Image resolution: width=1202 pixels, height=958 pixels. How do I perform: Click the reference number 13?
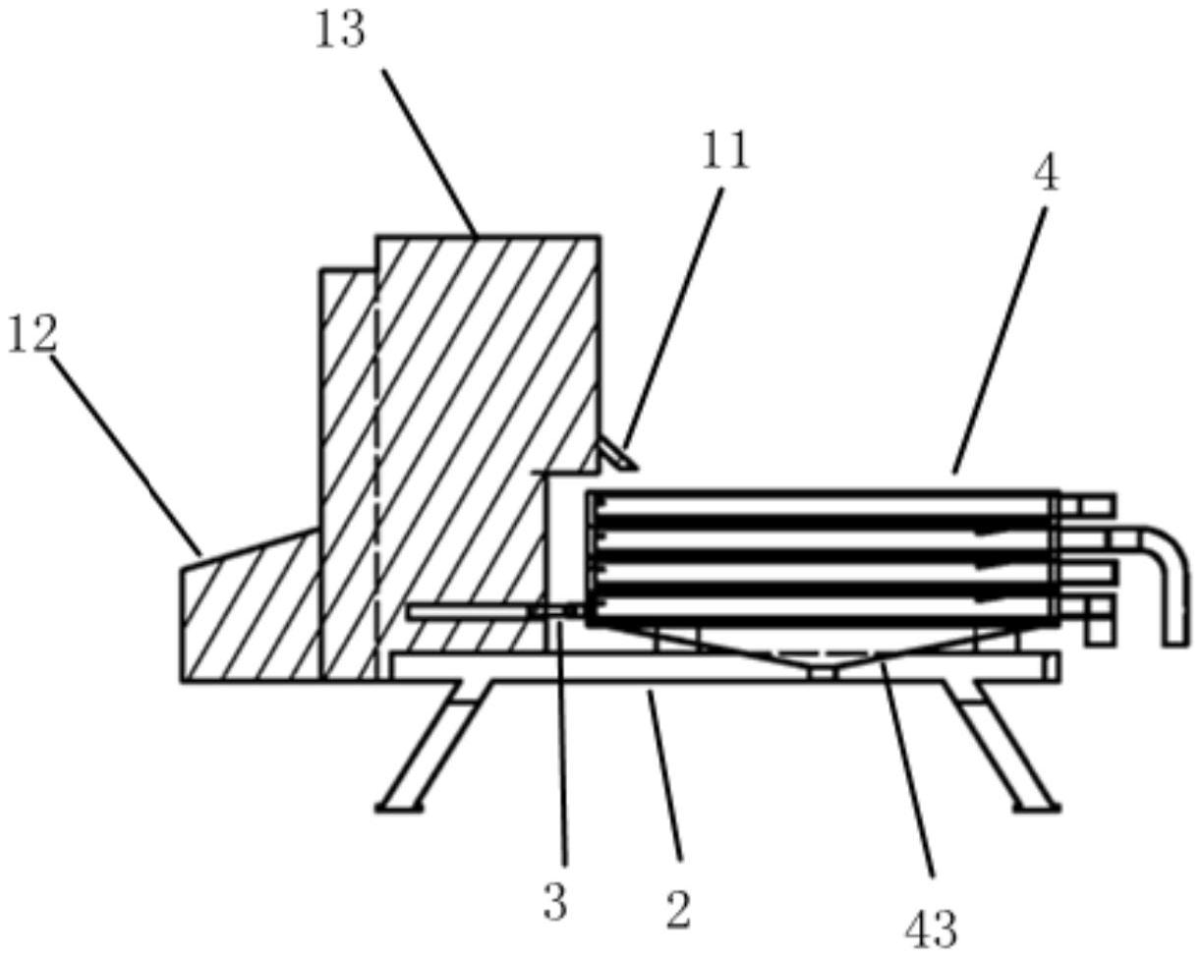(x=340, y=29)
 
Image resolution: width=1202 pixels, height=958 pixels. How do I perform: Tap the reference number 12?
(x=32, y=334)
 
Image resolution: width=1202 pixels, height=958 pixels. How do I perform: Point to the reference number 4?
(x=1047, y=174)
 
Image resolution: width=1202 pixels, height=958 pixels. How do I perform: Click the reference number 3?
(x=555, y=902)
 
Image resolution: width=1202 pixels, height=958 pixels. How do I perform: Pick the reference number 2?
(x=678, y=910)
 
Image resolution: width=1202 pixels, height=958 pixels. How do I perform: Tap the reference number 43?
(x=930, y=928)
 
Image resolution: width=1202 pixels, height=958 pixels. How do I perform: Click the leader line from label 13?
(x=429, y=152)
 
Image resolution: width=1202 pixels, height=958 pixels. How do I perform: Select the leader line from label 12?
(x=126, y=453)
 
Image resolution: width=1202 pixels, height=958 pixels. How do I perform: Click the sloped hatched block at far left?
(x=251, y=614)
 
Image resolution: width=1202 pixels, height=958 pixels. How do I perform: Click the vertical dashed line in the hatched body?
(x=375, y=472)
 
